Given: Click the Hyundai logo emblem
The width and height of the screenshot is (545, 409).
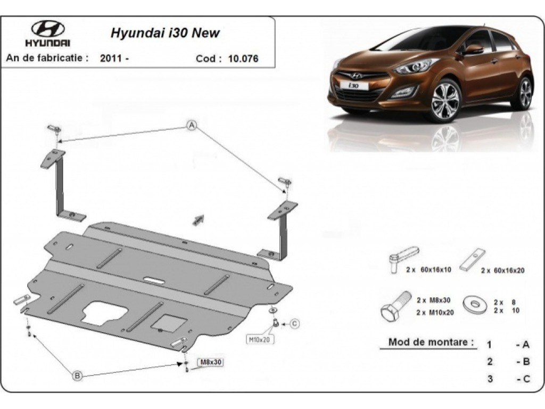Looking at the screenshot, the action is point(48,29).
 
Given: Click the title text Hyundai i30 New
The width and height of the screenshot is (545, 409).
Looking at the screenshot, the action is point(165,32).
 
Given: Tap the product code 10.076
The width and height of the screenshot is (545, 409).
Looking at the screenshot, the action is point(243,59).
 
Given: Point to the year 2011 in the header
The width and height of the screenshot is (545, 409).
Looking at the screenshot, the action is point(111,58).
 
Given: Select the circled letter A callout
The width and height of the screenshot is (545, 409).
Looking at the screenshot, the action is point(192,125).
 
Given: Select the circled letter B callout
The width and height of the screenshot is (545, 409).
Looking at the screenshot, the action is point(78,375).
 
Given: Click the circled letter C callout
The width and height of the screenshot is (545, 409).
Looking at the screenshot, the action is point(295,324).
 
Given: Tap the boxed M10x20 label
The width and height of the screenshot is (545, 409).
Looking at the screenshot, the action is point(260,339).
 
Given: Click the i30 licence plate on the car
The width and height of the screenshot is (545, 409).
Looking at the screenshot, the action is point(353,85).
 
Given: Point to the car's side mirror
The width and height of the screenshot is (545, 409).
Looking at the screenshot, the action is point(473,49).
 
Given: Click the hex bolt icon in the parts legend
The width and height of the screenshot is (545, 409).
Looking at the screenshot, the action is point(396,307).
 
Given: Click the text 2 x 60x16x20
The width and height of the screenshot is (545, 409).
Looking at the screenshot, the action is point(502,270).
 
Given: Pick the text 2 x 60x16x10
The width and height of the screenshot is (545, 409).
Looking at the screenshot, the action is point(428,269).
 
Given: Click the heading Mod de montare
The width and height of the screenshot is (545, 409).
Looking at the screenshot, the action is point(431,342).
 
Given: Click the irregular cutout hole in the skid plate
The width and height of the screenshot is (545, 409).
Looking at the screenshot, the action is point(103,312).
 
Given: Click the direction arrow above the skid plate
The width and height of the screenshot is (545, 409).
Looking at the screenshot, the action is point(198,220).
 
